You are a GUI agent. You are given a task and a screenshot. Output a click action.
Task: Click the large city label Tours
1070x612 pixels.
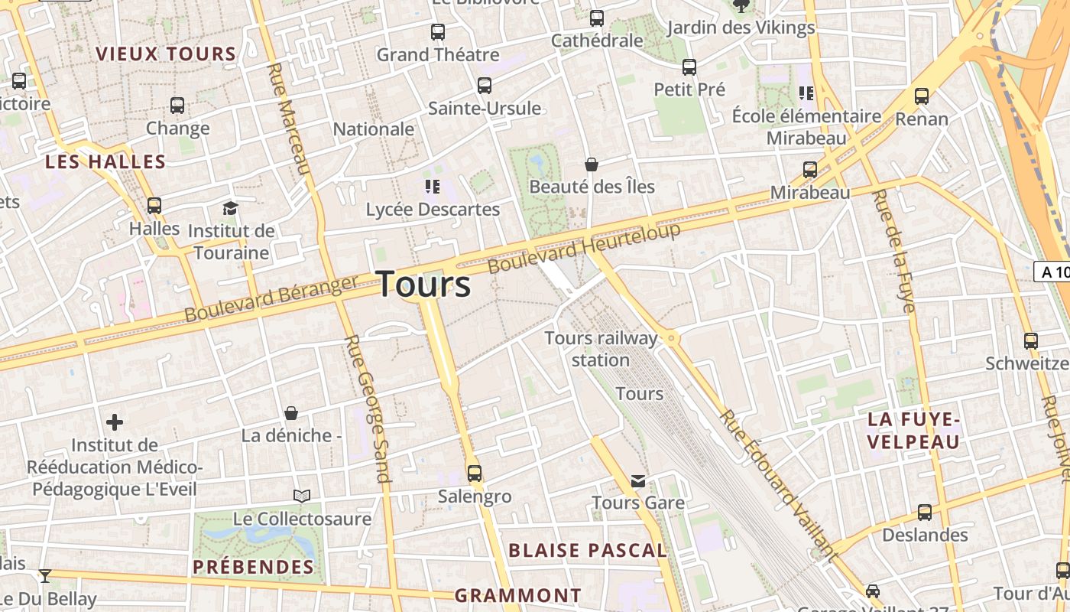tap(424, 285)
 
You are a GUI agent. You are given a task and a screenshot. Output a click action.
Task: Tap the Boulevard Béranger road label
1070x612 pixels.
tap(271, 298)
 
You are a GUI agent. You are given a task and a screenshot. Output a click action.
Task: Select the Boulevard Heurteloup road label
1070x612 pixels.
tap(584, 248)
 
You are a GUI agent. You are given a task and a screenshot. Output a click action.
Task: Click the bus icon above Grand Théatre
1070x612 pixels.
tap(437, 32)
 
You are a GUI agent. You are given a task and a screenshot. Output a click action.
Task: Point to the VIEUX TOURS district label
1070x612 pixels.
tap(166, 54)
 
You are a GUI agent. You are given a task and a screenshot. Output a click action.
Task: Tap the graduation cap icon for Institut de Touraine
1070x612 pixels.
tap(230, 208)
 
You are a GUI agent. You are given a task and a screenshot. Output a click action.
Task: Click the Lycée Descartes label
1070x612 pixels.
tap(433, 209)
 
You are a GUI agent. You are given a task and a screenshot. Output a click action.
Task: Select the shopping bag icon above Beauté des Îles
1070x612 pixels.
tap(592, 164)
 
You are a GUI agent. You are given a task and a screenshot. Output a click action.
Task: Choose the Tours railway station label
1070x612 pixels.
tap(601, 349)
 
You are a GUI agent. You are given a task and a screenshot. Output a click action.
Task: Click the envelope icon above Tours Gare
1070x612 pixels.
tap(638, 480)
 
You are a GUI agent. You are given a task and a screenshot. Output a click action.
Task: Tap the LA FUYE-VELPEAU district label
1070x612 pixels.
tap(914, 431)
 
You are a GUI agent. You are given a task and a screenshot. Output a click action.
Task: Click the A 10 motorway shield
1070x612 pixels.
tap(1053, 272)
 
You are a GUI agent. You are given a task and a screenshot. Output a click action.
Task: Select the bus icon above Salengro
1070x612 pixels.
tap(475, 473)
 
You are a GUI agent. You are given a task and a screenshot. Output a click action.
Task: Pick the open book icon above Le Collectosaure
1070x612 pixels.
tap(303, 496)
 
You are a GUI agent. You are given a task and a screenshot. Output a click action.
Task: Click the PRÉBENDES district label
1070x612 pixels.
tap(253, 567)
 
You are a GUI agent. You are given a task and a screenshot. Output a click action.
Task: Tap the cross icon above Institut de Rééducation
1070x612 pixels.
tap(115, 422)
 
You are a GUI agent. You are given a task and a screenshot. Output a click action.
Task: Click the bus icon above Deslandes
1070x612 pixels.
tap(925, 512)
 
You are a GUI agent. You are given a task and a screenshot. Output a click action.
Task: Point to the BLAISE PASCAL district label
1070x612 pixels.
tap(587, 550)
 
